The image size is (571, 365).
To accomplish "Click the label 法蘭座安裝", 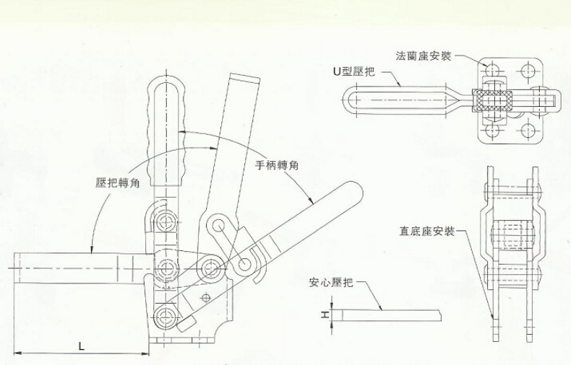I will click(423, 56).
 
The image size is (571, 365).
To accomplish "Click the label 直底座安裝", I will click(426, 232).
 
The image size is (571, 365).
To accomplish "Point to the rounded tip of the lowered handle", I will click(351, 193).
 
